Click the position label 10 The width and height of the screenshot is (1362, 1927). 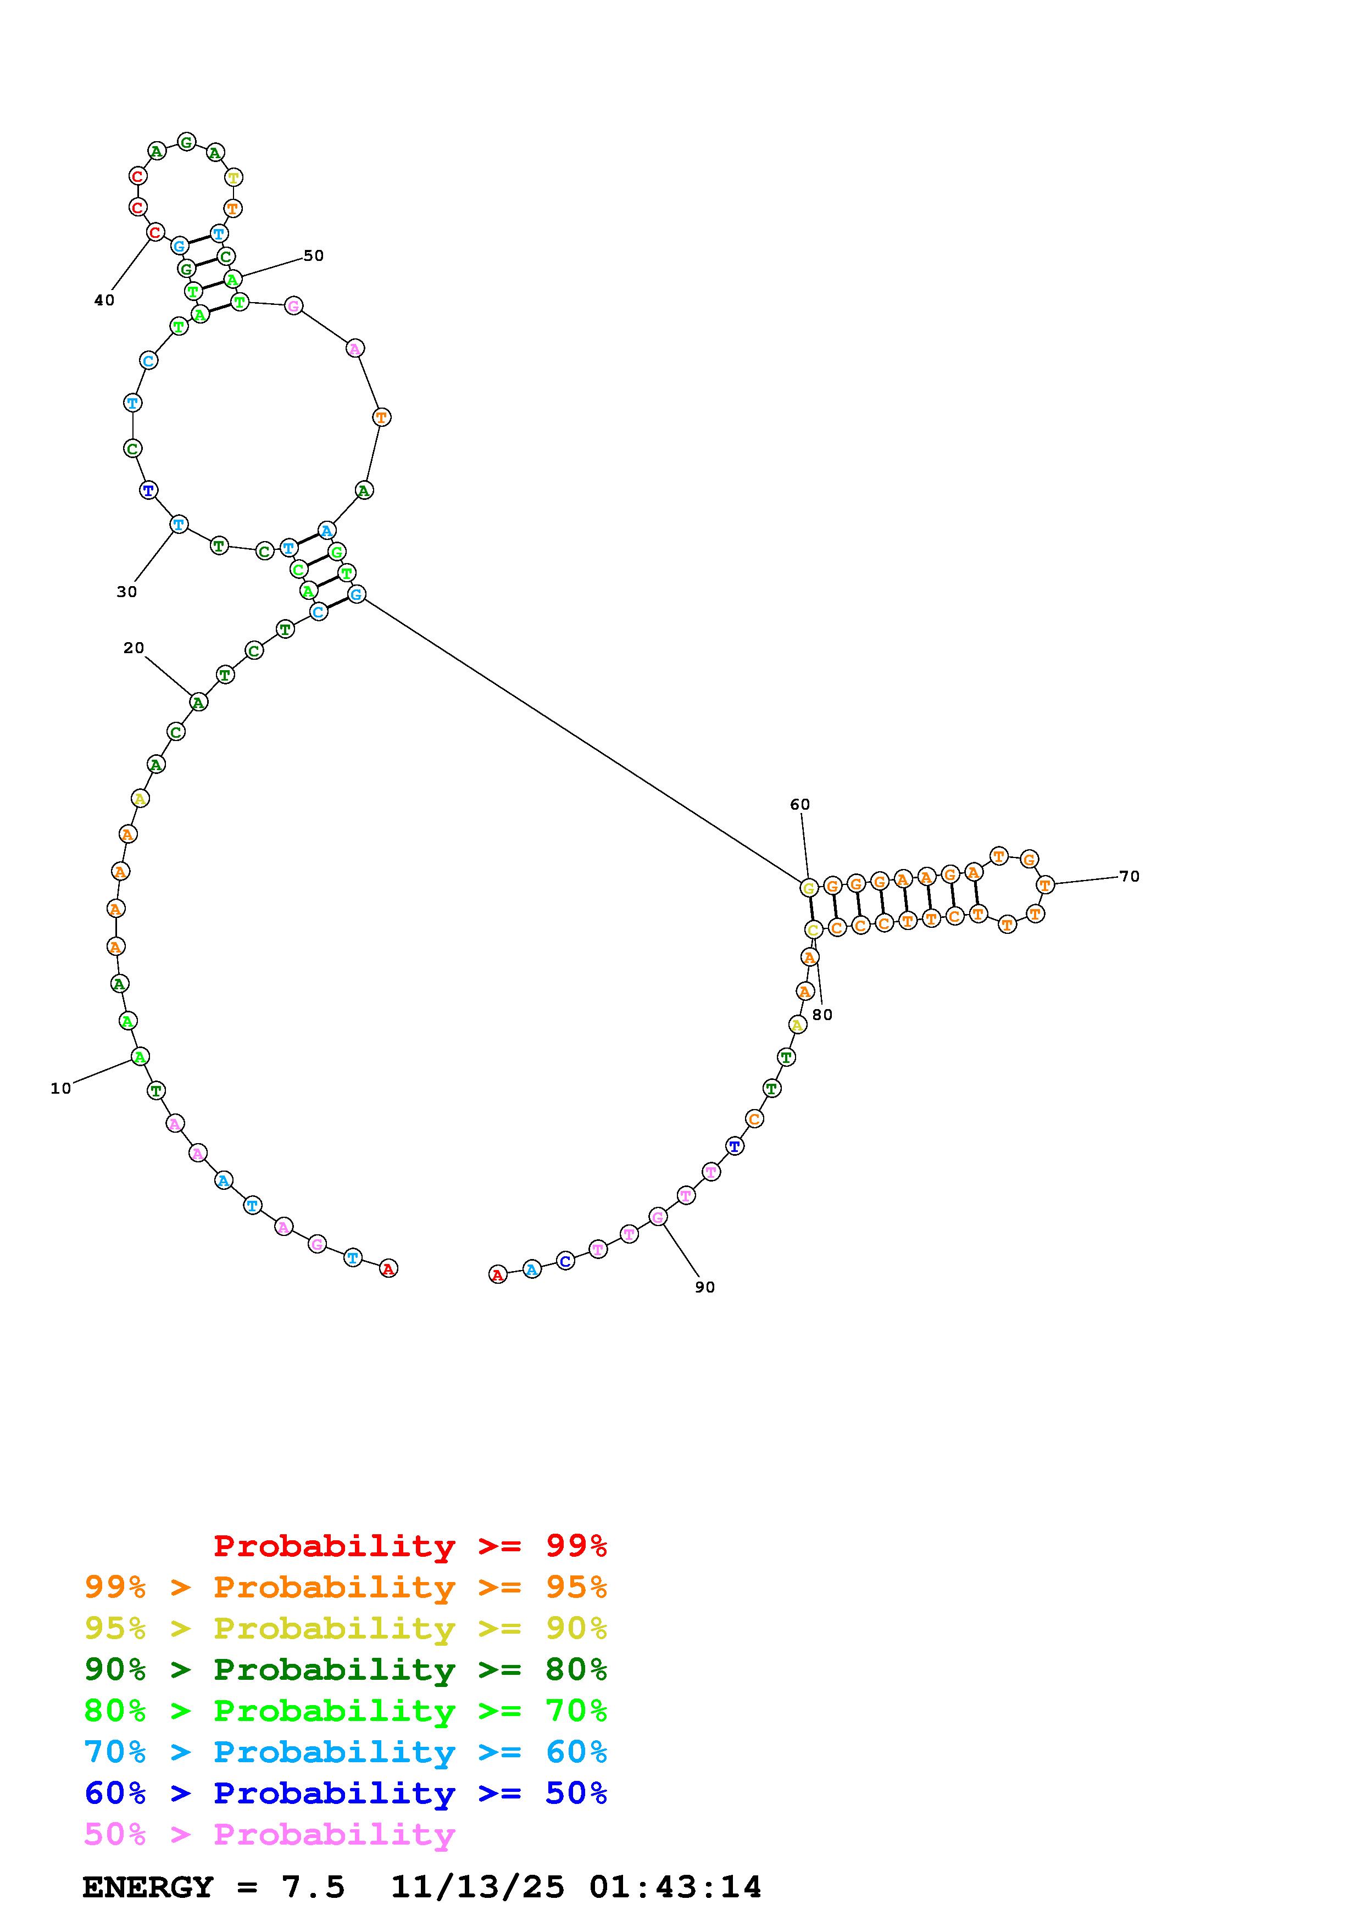[x=60, y=1089]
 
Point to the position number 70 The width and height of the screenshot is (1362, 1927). [x=1130, y=876]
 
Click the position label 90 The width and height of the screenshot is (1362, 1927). [x=705, y=1288]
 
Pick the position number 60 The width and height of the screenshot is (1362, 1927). [x=800, y=805]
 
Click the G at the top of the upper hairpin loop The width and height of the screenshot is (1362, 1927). [x=186, y=142]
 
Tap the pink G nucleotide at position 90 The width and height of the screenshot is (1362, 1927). [x=659, y=1217]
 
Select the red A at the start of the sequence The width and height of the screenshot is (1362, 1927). [x=388, y=1269]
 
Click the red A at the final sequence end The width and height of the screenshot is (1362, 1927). [x=498, y=1275]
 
